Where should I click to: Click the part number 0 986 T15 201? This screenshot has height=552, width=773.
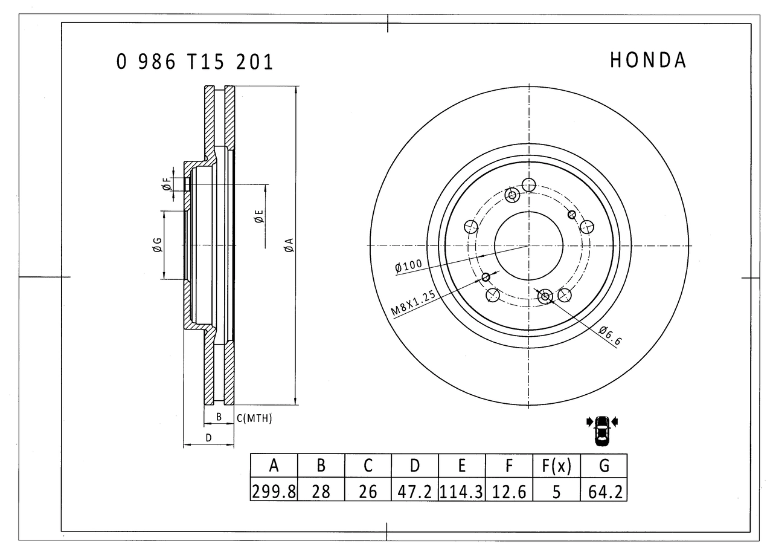[x=194, y=62]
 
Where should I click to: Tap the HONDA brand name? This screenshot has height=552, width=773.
[x=648, y=60]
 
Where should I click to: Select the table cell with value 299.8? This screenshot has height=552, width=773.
[x=274, y=490]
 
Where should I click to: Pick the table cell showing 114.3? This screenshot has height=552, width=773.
[x=461, y=490]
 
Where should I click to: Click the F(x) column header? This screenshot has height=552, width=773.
[x=556, y=466]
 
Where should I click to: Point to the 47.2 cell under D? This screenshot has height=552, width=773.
[x=415, y=490]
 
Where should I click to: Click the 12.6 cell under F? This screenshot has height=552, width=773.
[x=509, y=490]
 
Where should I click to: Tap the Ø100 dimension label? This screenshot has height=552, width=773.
[x=408, y=266]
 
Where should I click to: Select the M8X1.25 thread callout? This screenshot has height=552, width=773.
[x=414, y=304]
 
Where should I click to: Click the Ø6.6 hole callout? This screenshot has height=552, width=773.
[x=610, y=335]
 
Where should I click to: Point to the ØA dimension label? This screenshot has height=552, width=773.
[x=289, y=245]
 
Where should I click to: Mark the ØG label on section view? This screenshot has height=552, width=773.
[x=157, y=245]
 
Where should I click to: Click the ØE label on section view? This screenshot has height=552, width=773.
[x=258, y=216]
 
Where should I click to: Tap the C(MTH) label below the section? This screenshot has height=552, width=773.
[x=254, y=418]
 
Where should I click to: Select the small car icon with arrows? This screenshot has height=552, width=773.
[x=601, y=430]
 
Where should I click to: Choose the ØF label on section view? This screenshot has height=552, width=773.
[x=167, y=185]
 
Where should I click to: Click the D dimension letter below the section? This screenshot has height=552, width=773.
[x=208, y=438]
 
